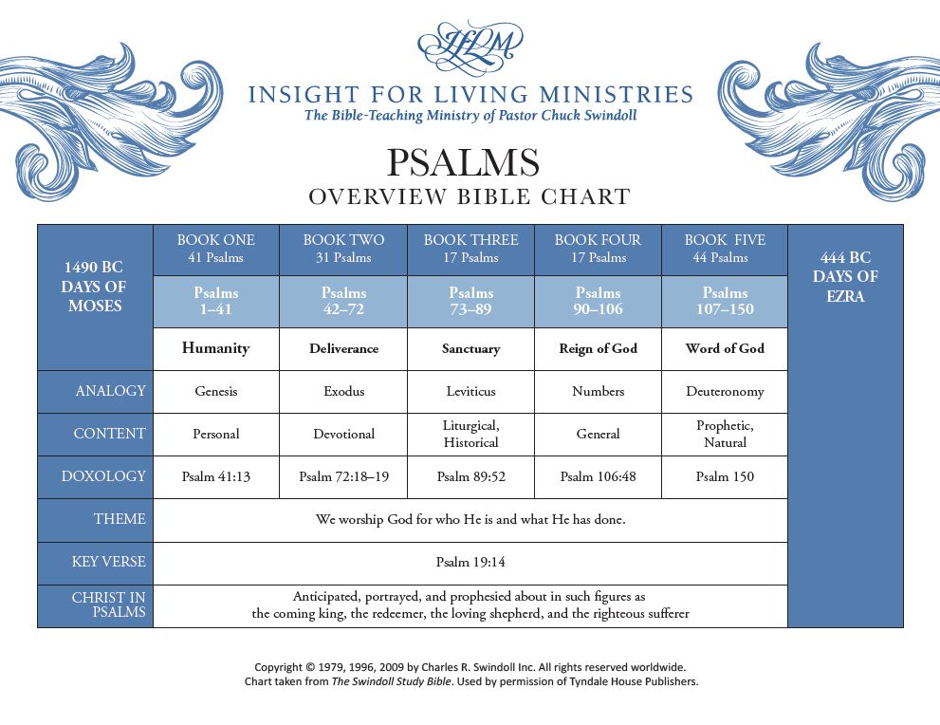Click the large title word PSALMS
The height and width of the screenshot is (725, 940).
[463, 162]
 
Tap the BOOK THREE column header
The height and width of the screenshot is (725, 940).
[470, 249]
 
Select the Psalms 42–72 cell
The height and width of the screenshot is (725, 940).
[343, 301]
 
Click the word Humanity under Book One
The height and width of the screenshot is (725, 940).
[216, 348]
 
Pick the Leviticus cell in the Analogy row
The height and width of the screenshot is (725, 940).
[470, 392]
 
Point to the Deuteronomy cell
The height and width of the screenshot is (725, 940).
[725, 392]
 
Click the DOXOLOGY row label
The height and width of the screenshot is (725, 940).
[103, 476]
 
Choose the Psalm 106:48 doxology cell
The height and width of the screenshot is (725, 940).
[598, 476]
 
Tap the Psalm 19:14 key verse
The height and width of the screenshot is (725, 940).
[470, 562]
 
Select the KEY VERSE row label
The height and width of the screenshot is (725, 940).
[108, 561]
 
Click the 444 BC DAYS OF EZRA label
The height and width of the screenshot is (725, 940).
[845, 276]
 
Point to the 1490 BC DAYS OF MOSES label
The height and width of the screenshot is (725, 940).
[94, 286]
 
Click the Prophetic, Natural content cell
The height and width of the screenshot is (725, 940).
[725, 434]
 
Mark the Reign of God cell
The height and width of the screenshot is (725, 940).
[598, 348]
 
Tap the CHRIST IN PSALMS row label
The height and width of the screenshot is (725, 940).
[108, 604]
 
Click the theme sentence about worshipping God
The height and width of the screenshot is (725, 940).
[470, 519]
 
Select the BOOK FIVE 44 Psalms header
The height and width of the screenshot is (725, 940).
[725, 249]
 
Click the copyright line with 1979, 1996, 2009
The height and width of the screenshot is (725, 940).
[470, 667]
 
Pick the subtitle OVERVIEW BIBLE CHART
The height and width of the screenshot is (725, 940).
[470, 196]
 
